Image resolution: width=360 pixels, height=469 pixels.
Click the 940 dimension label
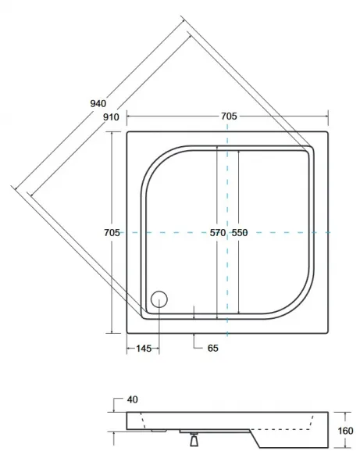[x=98, y=103]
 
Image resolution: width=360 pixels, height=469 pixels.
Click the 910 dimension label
[x=111, y=117]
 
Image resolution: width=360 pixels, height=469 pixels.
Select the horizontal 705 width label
[x=229, y=116]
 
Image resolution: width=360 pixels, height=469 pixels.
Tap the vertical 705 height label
[x=112, y=232]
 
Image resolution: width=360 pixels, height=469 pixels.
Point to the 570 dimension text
[x=218, y=232]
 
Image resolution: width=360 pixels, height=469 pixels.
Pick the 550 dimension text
[x=240, y=232]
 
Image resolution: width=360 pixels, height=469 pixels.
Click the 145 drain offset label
[x=144, y=348]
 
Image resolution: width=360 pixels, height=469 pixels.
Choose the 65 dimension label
[x=212, y=348]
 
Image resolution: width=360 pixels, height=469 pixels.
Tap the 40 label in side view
[x=132, y=399]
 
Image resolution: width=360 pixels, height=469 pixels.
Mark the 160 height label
[x=345, y=431]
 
